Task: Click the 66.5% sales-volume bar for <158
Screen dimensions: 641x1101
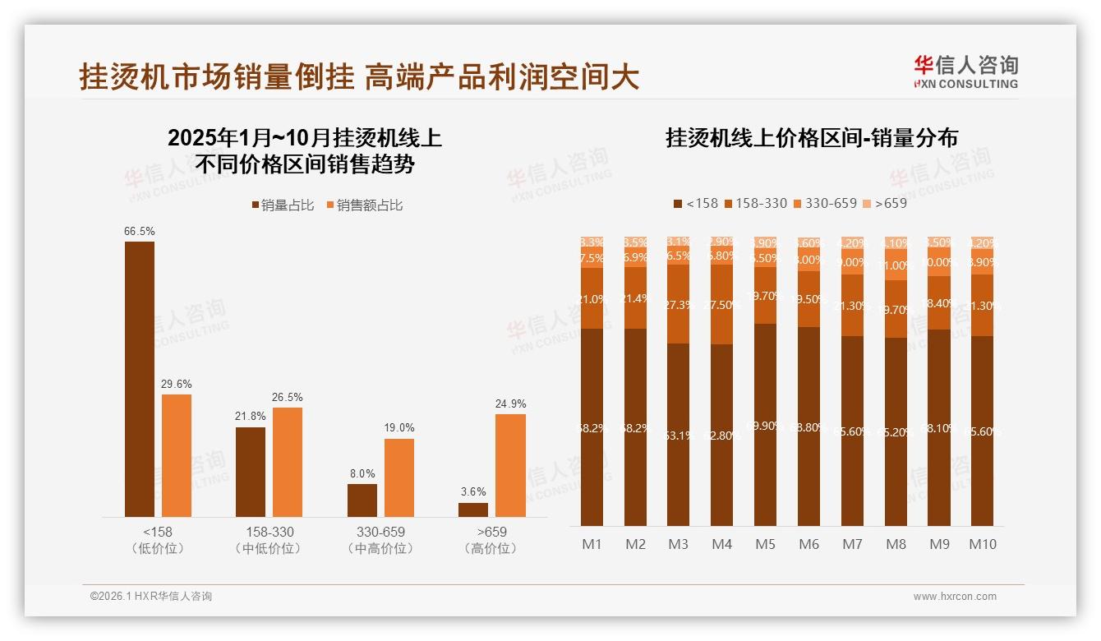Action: [x=140, y=379]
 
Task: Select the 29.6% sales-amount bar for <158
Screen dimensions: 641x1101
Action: [x=177, y=455]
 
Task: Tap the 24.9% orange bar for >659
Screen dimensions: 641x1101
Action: [x=510, y=465]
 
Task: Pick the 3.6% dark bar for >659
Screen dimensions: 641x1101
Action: [x=473, y=510]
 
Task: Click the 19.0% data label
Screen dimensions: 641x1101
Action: [x=399, y=428]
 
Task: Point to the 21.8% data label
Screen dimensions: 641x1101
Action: [x=251, y=417]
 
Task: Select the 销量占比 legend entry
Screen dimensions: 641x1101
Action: [x=283, y=205]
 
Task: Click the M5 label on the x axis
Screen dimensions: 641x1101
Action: [x=765, y=544]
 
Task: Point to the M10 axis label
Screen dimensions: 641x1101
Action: [x=982, y=544]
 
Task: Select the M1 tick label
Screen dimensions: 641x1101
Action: [x=592, y=544]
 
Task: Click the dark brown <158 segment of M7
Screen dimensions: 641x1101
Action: [x=852, y=431]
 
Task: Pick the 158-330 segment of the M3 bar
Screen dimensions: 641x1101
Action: [x=678, y=304]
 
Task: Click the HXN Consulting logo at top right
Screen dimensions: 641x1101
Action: [x=965, y=72]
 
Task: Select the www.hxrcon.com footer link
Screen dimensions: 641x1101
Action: [x=955, y=597]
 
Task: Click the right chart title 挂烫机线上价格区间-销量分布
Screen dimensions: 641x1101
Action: [x=811, y=138]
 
